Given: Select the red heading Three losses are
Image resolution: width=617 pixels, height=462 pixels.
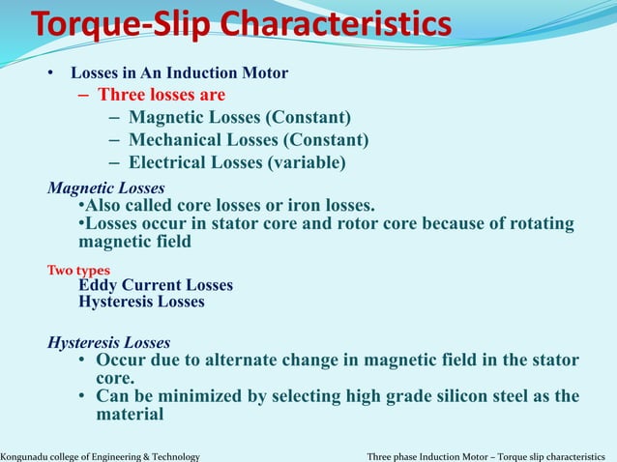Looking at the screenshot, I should pos(162,95).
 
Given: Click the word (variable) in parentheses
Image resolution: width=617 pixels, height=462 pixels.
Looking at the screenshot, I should pos(307,162).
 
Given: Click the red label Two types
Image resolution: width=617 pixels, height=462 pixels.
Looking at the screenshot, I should pos(78,271).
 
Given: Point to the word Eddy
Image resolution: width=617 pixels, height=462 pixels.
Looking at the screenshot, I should pos(98,285).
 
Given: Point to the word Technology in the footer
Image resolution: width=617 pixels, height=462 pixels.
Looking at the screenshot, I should pos(172,455).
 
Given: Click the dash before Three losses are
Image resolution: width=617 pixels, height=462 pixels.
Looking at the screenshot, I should pos(83,95).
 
